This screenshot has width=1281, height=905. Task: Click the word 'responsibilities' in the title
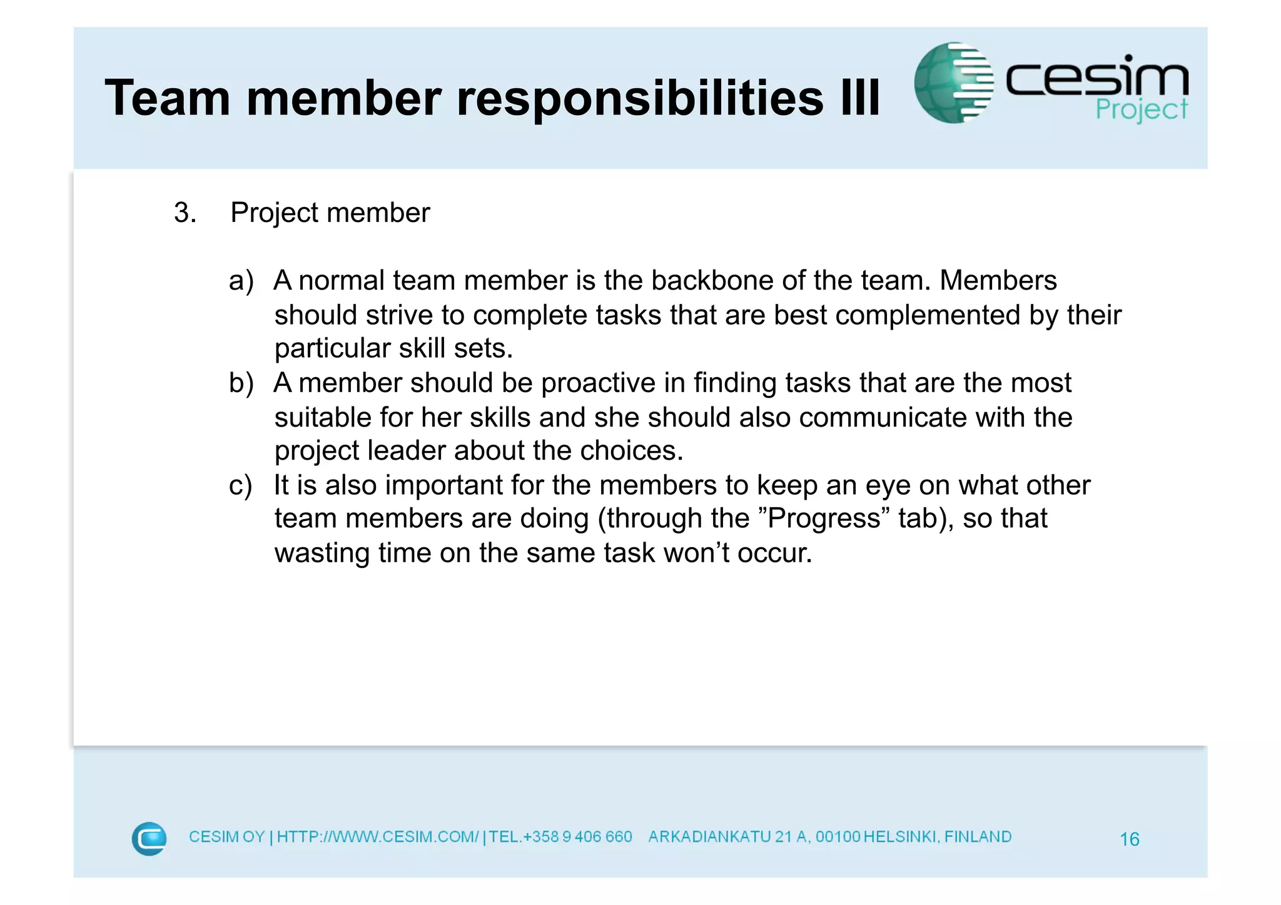(640, 99)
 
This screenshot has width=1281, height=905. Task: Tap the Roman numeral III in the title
(860, 98)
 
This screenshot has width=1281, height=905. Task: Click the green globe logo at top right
(953, 83)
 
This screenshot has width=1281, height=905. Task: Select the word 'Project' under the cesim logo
(1142, 110)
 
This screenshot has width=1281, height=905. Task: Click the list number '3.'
(185, 213)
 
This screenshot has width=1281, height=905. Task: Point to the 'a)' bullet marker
(241, 281)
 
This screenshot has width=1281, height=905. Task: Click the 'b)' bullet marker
(241, 383)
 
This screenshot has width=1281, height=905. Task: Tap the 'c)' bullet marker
(241, 485)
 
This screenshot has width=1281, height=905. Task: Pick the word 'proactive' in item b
(598, 383)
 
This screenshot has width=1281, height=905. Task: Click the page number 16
(1129, 839)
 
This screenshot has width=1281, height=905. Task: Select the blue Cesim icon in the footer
(149, 838)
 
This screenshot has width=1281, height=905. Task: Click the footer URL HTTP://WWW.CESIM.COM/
(378, 837)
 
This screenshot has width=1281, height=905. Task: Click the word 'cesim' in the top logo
(1096, 78)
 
